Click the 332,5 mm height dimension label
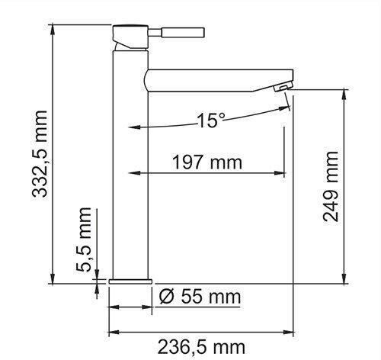[x=40, y=154]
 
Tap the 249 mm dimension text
[x=331, y=187]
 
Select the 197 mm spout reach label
[x=207, y=162]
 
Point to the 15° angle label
[x=211, y=121]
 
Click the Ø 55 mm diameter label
[x=200, y=297]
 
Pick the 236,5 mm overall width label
[x=201, y=347]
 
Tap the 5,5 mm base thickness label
[x=84, y=239]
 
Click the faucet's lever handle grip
[x=184, y=33]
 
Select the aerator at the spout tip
[x=283, y=88]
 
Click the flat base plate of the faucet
[x=130, y=281]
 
